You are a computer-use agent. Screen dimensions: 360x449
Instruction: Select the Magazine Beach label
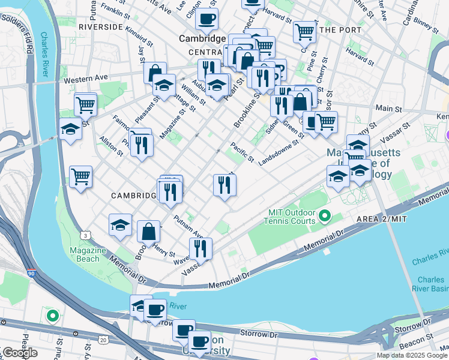(x=84, y=254)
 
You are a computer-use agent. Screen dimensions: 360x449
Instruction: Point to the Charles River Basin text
(x=430, y=283)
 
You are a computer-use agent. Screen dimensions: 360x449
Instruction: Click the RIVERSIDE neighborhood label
(x=100, y=27)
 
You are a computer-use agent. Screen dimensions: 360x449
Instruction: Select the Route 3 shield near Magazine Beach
(x=87, y=235)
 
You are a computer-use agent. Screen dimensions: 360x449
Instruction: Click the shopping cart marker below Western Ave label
(x=85, y=104)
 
